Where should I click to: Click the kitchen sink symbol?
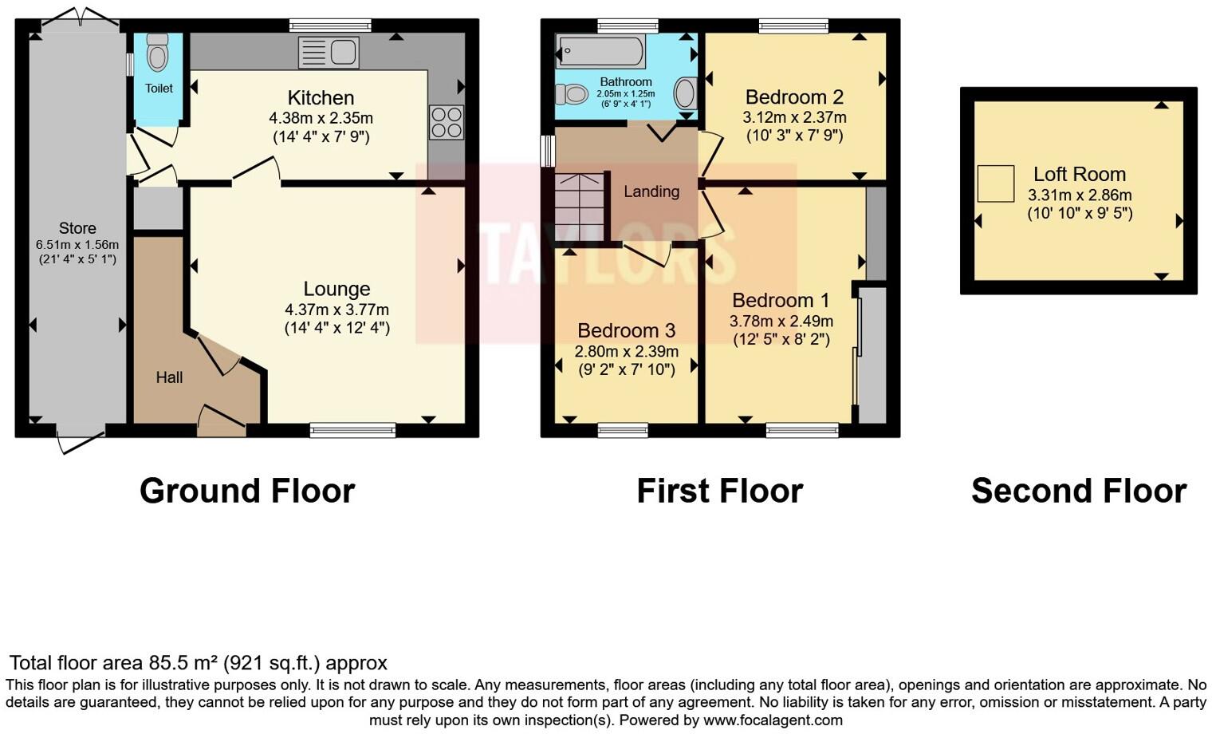329,53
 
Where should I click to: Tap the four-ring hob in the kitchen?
447,122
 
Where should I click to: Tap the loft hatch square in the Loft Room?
995,183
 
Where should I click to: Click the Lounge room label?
336,289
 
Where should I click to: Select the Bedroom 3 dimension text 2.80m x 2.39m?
627,351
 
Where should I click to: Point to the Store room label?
77,228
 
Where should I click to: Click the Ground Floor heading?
247,491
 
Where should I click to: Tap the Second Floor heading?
1078,491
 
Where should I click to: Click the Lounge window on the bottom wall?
352,430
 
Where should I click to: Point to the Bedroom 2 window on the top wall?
793,26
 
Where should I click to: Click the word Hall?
169,377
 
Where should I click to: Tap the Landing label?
651,191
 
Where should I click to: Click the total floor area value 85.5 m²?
183,663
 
